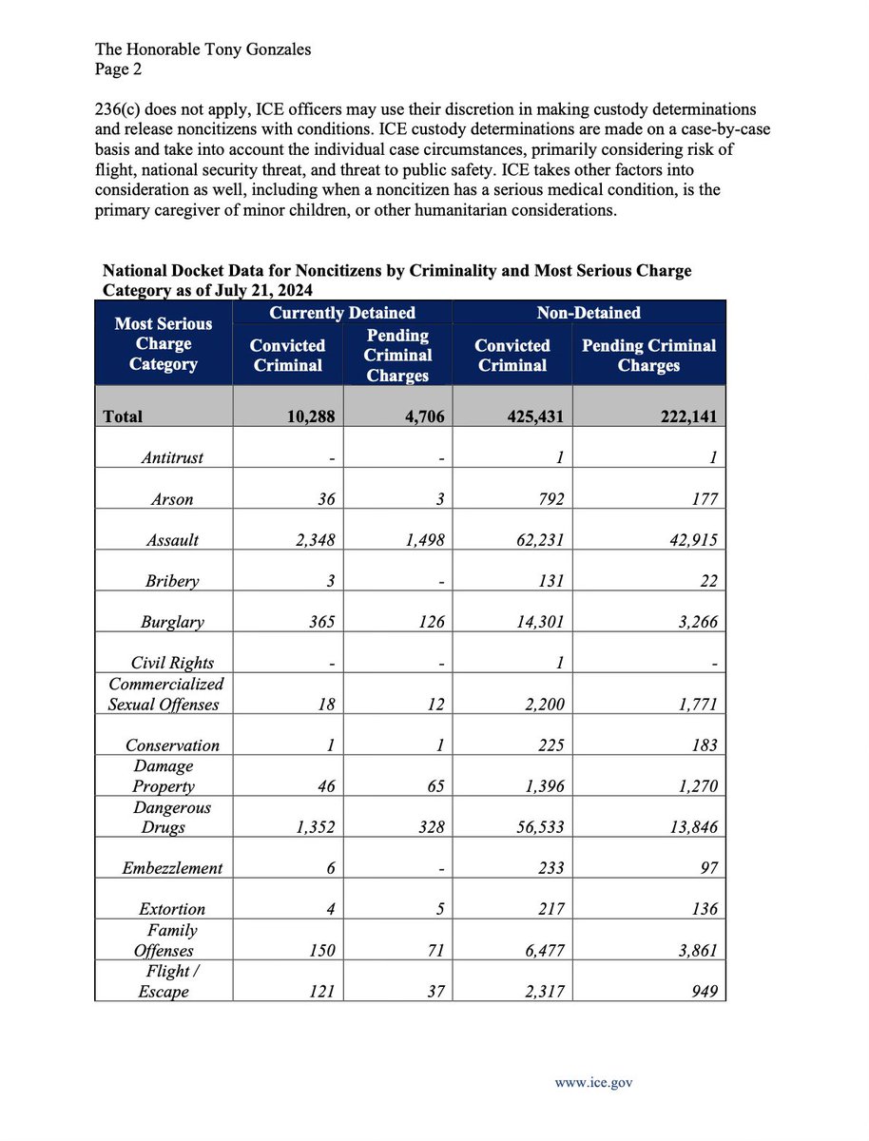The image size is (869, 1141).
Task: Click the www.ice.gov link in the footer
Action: [595, 1081]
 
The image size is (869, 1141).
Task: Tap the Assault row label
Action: [172, 540]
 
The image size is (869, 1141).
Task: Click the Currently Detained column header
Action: [342, 313]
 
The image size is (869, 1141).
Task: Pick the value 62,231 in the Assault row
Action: [533, 540]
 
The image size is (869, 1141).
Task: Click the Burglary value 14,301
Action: [533, 623]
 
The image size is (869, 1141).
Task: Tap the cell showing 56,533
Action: [533, 827]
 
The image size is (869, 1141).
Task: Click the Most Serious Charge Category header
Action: [164, 343]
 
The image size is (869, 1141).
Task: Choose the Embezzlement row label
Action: [172, 868]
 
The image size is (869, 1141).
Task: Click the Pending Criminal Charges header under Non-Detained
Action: [648, 356]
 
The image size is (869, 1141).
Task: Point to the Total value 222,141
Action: [677, 416]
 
